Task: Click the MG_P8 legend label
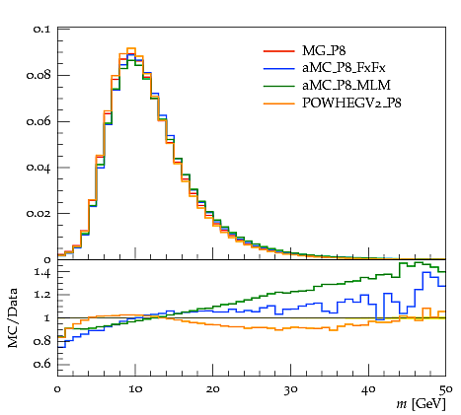tap(324, 51)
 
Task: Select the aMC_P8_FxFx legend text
tap(344, 68)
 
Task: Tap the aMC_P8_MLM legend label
tap(346, 86)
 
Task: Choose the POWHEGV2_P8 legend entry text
tap(351, 104)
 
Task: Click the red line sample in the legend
tap(278, 51)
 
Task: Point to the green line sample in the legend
tap(278, 86)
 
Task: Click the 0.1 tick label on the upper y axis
tap(41, 30)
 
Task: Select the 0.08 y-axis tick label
tap(38, 75)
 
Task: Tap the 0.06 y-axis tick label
tap(38, 121)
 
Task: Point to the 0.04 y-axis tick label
tap(38, 168)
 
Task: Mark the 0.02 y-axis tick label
tap(38, 214)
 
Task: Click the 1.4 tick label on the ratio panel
tap(42, 273)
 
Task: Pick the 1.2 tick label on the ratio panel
tap(42, 295)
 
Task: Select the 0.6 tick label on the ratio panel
tap(41, 364)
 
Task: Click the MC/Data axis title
tap(13, 317)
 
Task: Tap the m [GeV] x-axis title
tap(421, 403)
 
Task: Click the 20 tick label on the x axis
tap(212, 389)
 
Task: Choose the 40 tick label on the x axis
tap(368, 389)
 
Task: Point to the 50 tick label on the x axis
tap(446, 389)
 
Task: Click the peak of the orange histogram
tap(131, 48)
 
